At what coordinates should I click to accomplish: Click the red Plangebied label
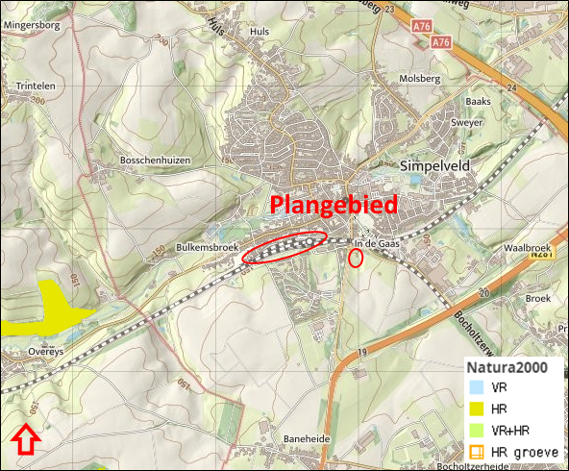point(334,206)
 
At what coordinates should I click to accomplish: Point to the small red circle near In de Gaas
point(355,258)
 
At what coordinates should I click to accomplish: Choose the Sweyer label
point(467,124)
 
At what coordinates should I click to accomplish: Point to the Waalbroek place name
point(525,248)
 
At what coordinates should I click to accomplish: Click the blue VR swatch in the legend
point(475,387)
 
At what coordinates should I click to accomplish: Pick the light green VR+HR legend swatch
point(475,431)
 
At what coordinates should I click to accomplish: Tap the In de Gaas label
point(376,244)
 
